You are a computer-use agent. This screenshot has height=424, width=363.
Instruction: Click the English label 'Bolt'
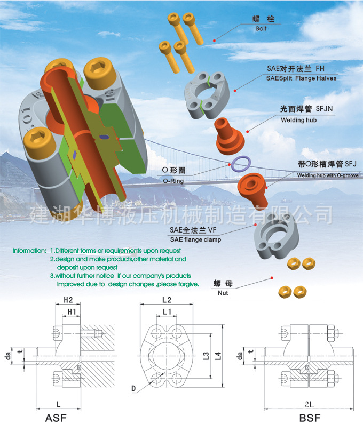[261, 29]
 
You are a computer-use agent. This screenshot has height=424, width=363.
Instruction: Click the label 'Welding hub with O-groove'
[328, 175]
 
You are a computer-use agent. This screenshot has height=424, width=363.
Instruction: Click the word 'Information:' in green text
[29, 250]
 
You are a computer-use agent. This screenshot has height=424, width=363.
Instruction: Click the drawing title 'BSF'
[310, 417]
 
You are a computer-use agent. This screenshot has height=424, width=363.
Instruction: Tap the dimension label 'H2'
[68, 300]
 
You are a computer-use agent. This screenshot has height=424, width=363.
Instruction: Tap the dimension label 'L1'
[167, 311]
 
